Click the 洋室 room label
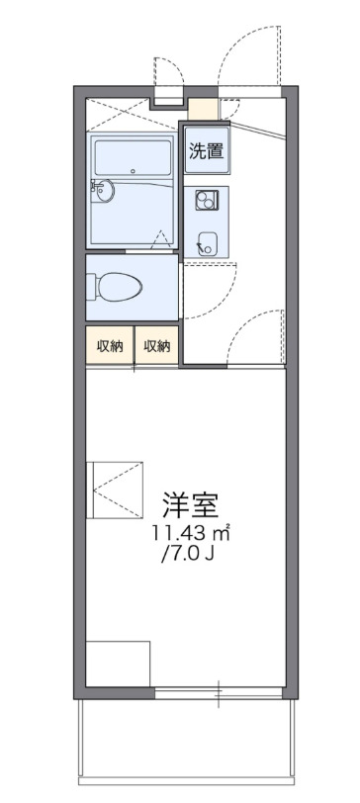coord(190,504)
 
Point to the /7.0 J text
coord(191,554)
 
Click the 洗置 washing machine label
coord(205,151)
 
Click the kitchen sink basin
coord(208,238)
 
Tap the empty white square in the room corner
coord(117,664)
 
